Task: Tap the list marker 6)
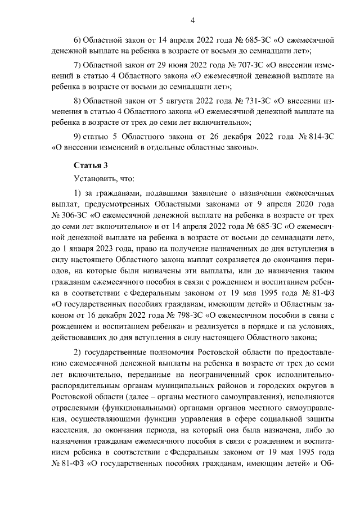pos(78,40)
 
